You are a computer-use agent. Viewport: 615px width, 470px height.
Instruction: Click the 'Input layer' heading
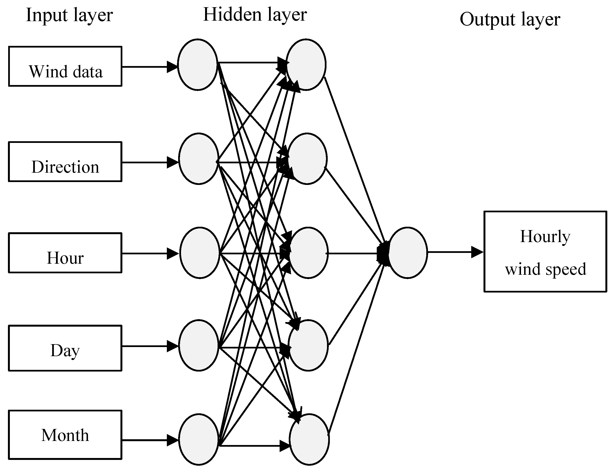pos(69,15)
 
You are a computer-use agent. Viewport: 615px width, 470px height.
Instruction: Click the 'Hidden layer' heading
pos(255,15)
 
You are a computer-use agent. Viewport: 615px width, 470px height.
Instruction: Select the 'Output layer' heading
pos(510,20)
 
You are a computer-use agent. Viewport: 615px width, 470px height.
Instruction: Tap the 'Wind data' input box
pos(65,66)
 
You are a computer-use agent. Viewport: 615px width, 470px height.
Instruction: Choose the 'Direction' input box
pos(65,162)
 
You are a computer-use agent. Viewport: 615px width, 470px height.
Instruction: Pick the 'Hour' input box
pos(65,253)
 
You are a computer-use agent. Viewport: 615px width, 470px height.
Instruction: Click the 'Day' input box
pos(65,348)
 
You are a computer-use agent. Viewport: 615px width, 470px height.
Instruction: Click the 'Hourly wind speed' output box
pos(545,251)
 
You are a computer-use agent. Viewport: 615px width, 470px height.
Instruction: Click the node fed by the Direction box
pos(199,159)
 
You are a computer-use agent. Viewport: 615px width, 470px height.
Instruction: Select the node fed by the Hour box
pos(199,253)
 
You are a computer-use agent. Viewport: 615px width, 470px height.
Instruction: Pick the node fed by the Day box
pos(199,346)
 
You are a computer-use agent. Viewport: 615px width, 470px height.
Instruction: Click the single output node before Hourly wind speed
pos(408,253)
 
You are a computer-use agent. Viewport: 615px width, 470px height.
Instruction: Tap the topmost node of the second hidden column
pos(306,65)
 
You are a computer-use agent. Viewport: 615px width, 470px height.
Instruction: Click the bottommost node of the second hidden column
pos(309,439)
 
